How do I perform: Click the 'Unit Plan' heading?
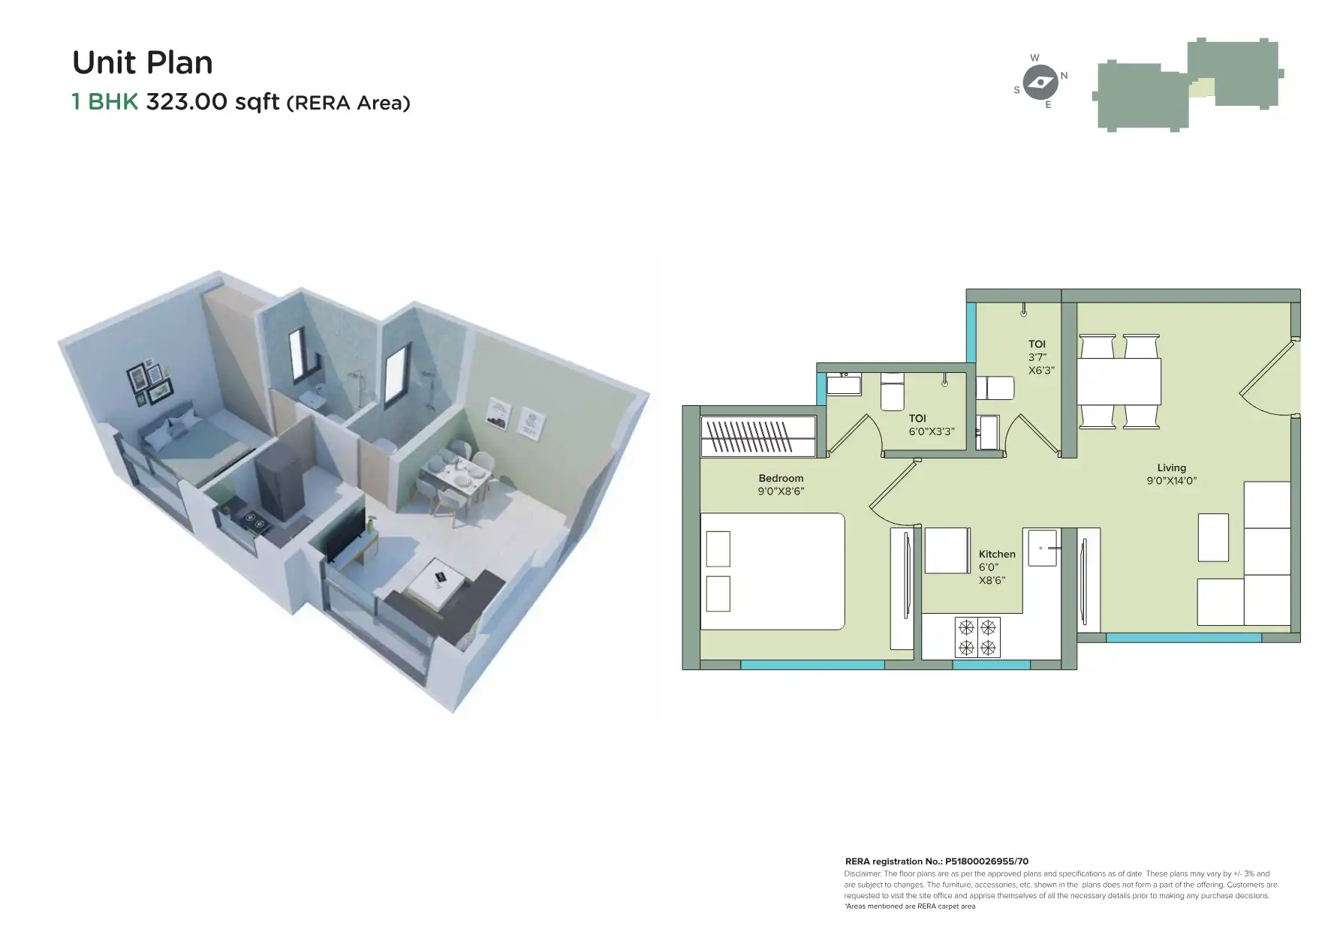tap(143, 63)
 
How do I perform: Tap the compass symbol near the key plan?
tap(1040, 81)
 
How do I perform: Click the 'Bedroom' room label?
tap(781, 478)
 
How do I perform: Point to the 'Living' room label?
tap(1171, 467)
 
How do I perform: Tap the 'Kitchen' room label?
tap(997, 554)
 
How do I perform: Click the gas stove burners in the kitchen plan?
tap(977, 636)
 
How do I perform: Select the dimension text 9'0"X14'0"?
tap(1171, 481)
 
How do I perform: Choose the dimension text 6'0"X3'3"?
tap(932, 431)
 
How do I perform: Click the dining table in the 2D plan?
tap(1119, 382)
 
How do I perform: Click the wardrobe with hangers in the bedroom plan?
tap(757, 436)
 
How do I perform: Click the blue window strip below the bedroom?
tap(812, 664)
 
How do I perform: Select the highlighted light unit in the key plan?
tap(1202, 89)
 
